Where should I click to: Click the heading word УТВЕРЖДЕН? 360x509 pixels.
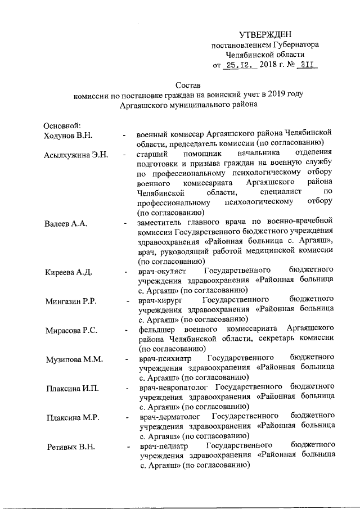(x=265, y=34)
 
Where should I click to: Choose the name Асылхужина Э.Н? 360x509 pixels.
(x=75, y=155)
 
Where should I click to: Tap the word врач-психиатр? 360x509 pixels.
(x=166, y=359)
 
